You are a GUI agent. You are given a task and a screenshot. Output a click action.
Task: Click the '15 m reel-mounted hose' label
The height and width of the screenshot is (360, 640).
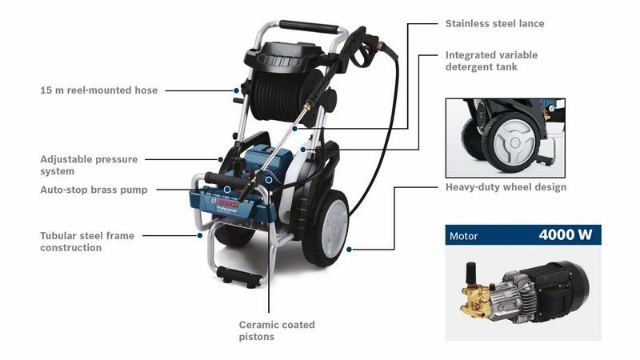[x=98, y=90]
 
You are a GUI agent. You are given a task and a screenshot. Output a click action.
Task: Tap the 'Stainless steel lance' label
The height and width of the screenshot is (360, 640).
[x=494, y=24]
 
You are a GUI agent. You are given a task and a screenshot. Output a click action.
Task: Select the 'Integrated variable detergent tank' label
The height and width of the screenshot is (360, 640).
[x=491, y=61]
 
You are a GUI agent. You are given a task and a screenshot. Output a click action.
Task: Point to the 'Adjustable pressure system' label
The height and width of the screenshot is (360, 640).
[x=89, y=165]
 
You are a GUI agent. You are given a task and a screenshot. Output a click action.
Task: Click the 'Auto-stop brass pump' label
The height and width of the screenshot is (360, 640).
[x=94, y=190]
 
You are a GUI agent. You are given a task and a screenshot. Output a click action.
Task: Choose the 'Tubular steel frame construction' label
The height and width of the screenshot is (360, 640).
[x=87, y=242]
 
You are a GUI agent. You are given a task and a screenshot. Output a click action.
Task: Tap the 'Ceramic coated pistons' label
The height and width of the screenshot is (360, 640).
[x=277, y=330]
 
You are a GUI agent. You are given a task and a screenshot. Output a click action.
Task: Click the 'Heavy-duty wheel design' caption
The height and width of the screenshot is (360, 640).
[x=506, y=187]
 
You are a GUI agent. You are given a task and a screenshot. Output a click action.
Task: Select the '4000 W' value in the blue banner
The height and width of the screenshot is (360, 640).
[x=566, y=234]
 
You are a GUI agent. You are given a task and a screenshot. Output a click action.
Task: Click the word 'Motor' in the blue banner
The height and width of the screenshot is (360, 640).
[x=464, y=236]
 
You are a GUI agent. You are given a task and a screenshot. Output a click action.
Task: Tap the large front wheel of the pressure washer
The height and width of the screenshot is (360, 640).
[x=326, y=229]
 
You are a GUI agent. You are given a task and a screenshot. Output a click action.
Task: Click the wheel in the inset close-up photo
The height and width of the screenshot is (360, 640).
[x=513, y=142]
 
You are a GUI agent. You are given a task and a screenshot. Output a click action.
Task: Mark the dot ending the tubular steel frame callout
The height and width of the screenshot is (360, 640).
[x=199, y=235]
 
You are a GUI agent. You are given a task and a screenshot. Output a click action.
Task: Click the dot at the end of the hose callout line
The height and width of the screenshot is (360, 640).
[x=236, y=90]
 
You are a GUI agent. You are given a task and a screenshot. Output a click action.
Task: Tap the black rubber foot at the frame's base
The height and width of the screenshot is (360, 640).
[x=239, y=276]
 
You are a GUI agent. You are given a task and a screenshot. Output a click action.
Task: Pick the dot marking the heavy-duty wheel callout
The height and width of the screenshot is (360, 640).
[x=349, y=249]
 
